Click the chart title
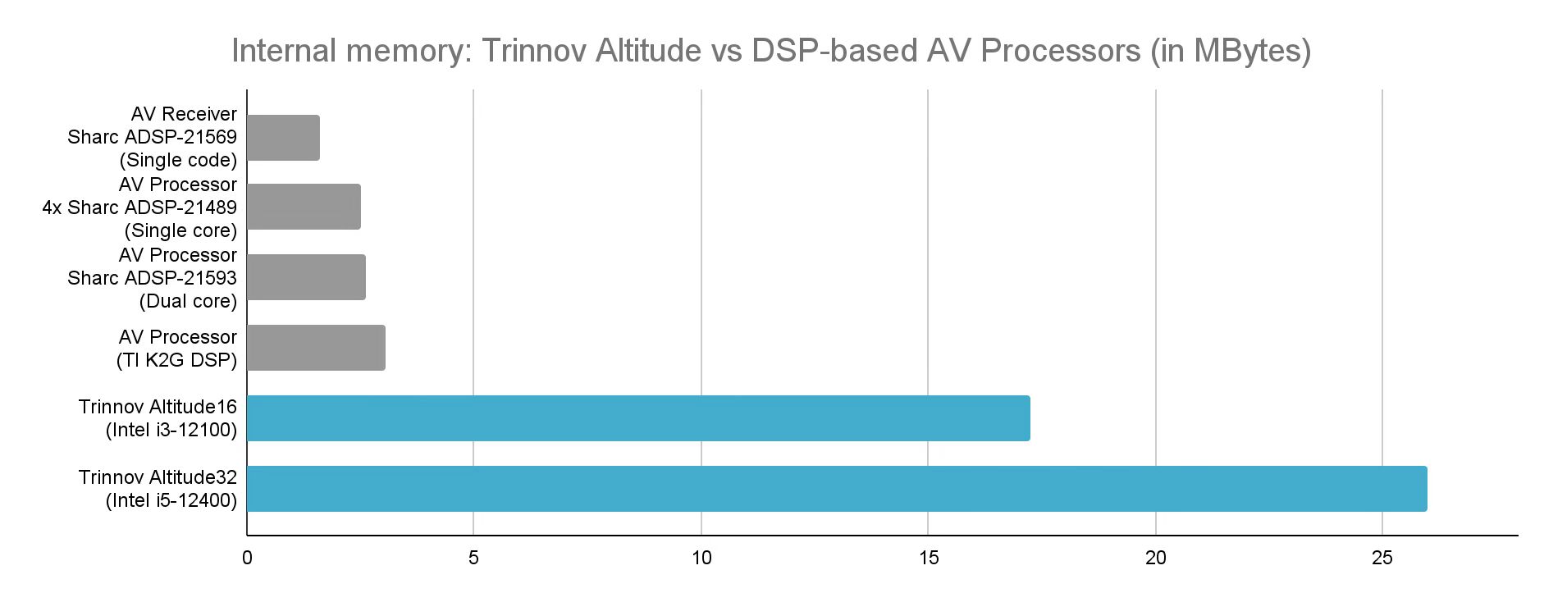tap(770, 51)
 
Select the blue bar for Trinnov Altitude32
tap(836, 489)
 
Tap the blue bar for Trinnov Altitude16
tap(637, 418)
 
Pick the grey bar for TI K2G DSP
tap(316, 348)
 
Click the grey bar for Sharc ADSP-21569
tap(283, 138)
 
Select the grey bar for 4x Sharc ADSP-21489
tap(304, 207)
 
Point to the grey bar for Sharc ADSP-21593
tap(306, 277)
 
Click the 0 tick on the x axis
tap(247, 559)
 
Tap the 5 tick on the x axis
tap(473, 559)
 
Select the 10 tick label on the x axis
tap(701, 559)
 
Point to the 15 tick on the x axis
tap(928, 559)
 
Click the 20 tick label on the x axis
tap(1155, 559)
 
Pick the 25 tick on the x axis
tap(1382, 559)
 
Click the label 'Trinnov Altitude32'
tap(158, 477)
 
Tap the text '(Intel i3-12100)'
tap(171, 430)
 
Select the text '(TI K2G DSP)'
tap(176, 359)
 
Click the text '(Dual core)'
tap(188, 301)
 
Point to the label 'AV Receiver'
tap(184, 114)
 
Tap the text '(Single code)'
tap(178, 160)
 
